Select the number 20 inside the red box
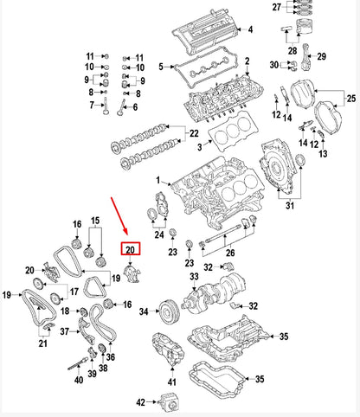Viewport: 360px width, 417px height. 129,251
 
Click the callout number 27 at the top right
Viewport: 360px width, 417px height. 276,8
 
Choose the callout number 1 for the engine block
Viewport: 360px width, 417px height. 158,180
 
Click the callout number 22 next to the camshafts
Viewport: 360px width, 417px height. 194,133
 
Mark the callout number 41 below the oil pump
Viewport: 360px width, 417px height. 170,382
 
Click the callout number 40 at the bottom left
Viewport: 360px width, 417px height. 79,380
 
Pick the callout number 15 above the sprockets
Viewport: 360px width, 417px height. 96,221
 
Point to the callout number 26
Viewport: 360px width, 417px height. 229,253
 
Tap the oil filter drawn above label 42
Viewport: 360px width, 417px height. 167,401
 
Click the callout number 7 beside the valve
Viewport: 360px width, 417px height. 91,106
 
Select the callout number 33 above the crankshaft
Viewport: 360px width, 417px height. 194,277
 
